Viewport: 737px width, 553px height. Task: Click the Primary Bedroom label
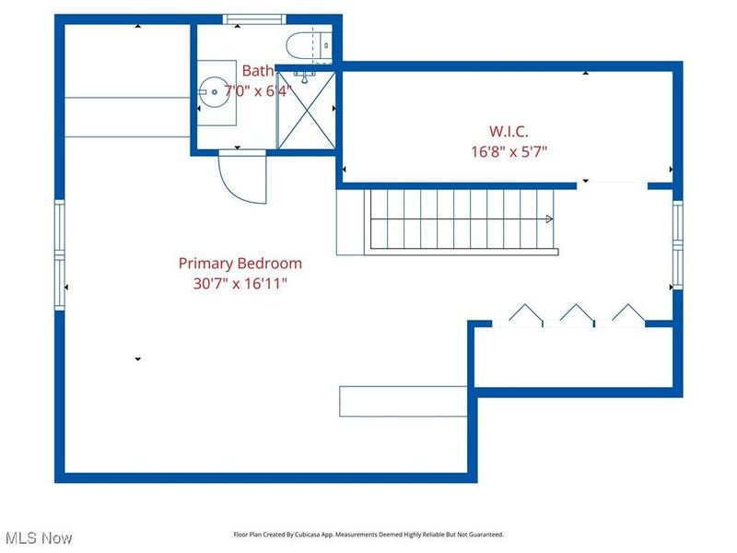click(240, 263)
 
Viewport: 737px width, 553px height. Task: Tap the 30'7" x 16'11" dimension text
click(240, 284)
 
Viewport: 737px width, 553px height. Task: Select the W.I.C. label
click(509, 131)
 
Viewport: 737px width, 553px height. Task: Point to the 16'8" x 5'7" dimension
click(509, 152)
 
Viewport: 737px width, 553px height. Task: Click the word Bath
click(258, 71)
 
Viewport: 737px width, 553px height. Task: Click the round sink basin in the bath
click(214, 92)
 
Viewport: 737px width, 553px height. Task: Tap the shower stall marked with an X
click(307, 111)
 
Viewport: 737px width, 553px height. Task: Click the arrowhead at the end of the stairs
click(549, 218)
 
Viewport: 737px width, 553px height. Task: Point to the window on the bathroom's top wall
click(254, 18)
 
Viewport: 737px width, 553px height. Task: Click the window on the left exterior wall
click(60, 255)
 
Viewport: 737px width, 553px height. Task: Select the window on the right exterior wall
click(677, 244)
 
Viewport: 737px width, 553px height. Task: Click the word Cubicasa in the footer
click(308, 535)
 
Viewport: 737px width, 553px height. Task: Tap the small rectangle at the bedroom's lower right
click(404, 402)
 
